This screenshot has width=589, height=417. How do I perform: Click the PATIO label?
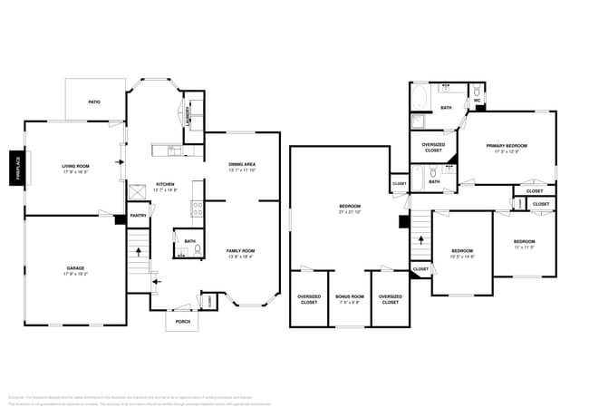click(x=93, y=102)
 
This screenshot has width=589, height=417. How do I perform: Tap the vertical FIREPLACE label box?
click(x=15, y=168)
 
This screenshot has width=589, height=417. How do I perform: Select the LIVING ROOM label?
click(x=75, y=166)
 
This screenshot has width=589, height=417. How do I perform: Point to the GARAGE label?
click(x=75, y=268)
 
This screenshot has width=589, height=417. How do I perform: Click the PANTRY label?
click(x=138, y=216)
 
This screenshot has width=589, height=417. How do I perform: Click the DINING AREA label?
click(x=242, y=164)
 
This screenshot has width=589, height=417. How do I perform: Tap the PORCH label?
click(x=183, y=321)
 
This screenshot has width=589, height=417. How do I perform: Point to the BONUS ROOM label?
click(x=349, y=296)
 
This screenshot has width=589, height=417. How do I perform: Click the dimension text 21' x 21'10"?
click(x=350, y=212)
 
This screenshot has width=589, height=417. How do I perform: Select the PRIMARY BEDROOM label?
click(x=507, y=146)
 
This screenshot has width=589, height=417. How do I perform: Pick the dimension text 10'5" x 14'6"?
click(x=462, y=257)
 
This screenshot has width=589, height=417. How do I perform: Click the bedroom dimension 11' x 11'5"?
click(x=525, y=247)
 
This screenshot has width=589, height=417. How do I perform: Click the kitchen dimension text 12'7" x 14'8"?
click(x=165, y=189)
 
